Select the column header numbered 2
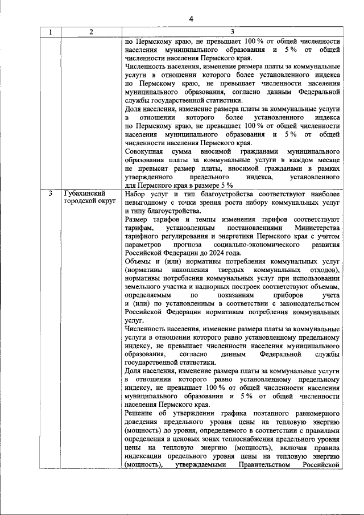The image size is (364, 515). click(91, 32)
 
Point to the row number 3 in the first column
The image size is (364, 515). click(51, 193)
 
